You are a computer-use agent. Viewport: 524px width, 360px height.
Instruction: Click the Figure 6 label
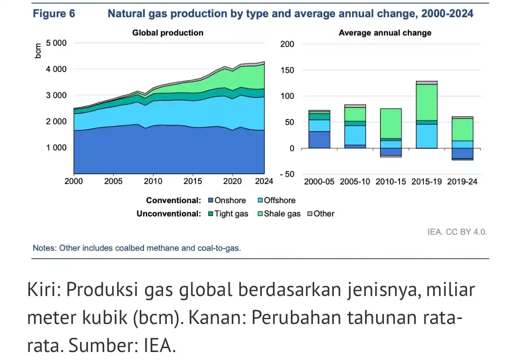[x=54, y=14]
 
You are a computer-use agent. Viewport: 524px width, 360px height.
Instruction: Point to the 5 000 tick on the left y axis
[x=56, y=43]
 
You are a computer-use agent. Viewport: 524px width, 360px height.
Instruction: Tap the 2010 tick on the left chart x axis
[x=153, y=182]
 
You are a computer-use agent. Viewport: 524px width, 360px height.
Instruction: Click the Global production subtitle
[x=168, y=33]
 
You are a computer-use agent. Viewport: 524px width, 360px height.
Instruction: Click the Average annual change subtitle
[x=385, y=33]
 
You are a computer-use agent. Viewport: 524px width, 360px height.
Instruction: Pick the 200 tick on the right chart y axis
[x=287, y=44]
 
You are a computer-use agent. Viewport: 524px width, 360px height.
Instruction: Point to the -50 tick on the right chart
[x=286, y=174]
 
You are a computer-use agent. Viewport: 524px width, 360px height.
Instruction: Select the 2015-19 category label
[x=427, y=182]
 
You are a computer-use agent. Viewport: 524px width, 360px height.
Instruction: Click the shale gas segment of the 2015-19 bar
[x=427, y=102]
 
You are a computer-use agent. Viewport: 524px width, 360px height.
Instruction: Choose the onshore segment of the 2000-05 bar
[x=320, y=140]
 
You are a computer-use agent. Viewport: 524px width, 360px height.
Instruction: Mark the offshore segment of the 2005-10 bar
[x=356, y=135]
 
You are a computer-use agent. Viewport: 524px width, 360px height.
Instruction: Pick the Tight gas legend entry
[x=228, y=214]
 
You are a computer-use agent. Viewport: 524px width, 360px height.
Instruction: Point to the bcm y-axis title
[x=39, y=51]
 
